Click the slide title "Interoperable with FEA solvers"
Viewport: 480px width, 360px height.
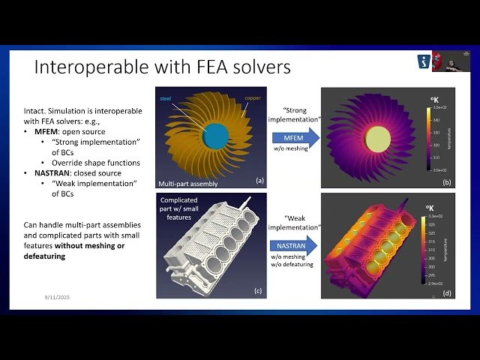(162, 67)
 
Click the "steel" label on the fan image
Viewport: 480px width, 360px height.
(167, 97)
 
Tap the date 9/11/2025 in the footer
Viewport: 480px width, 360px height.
(57, 298)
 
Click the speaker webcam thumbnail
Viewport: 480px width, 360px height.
(448, 61)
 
